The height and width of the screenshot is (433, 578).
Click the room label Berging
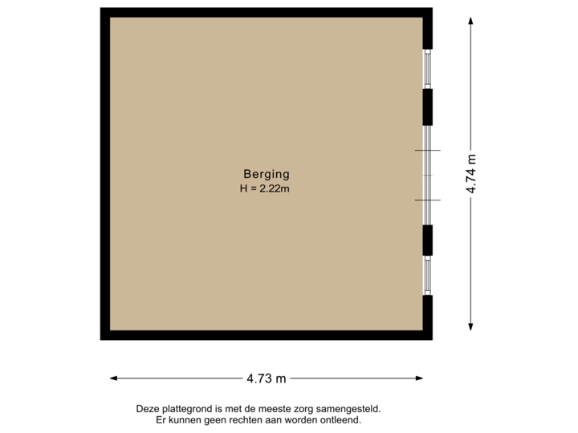266,173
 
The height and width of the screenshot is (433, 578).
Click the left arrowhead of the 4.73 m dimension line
112,378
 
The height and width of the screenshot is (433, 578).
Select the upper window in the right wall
429,68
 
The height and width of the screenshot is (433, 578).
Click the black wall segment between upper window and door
429,107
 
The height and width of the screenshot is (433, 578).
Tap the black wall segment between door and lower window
429,239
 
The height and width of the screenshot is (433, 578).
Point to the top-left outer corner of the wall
101,10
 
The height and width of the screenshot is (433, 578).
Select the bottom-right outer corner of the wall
433,339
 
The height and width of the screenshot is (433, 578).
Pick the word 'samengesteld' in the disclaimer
349,409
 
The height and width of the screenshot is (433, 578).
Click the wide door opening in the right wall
429,175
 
